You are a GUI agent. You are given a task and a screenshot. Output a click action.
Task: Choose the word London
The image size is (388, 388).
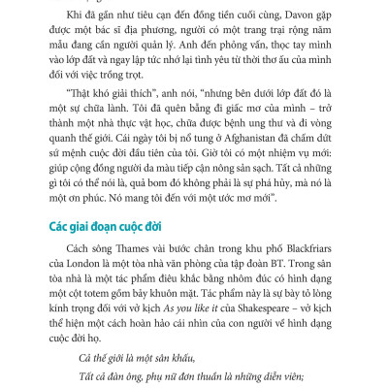[x=82, y=270]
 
